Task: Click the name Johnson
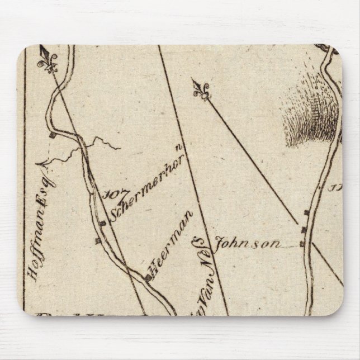(x=247, y=243)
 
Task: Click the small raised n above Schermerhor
(x=178, y=148)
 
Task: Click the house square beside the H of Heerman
(x=147, y=277)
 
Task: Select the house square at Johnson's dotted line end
(x=302, y=244)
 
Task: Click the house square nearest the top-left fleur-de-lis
(x=51, y=135)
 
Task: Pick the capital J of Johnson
(x=219, y=243)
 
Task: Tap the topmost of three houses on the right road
(x=305, y=212)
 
